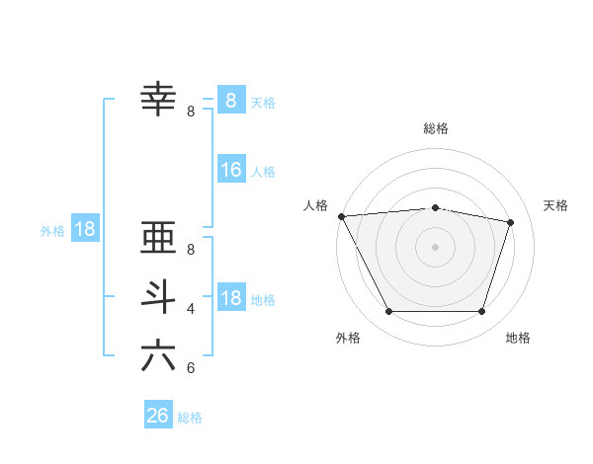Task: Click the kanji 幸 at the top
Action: click(159, 99)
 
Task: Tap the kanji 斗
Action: click(159, 297)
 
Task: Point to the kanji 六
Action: click(159, 355)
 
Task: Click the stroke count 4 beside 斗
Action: click(191, 309)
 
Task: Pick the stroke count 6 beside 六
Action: click(191, 368)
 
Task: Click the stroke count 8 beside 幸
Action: click(191, 112)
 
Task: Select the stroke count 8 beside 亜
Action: click(191, 250)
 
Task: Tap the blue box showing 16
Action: click(230, 170)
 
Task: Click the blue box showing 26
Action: click(157, 416)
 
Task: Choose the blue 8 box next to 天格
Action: click(230, 100)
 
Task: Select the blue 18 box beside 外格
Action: click(85, 229)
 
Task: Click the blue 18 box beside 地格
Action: click(230, 298)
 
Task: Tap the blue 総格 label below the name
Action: click(190, 418)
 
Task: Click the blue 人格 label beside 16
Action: click(263, 172)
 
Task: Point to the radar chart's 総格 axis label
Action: click(435, 128)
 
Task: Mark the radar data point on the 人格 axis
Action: click(341, 216)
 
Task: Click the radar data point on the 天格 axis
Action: click(511, 222)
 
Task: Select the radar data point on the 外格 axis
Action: click(388, 312)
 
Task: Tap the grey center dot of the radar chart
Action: click(435, 247)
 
